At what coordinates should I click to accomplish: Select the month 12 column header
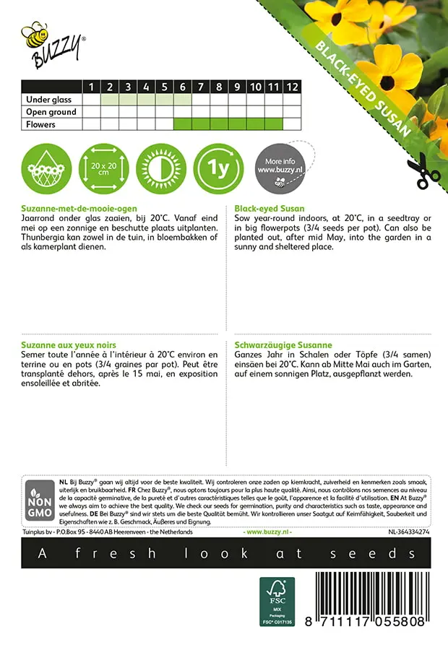click(x=291, y=87)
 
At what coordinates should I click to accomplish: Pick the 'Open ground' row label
click(x=51, y=112)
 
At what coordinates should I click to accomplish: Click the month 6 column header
click(x=183, y=87)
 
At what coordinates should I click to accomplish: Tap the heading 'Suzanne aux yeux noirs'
click(x=69, y=345)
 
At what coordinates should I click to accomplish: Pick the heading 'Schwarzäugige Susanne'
click(x=283, y=345)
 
